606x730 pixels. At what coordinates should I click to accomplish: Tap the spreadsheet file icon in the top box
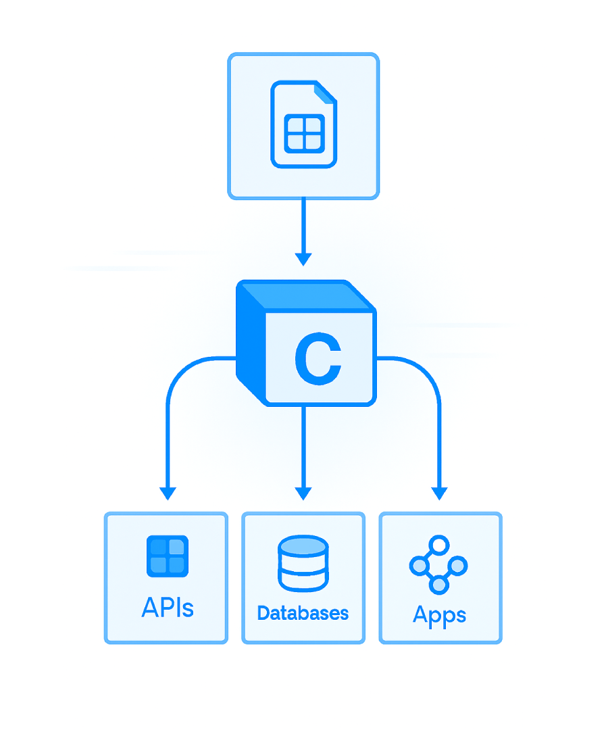303,124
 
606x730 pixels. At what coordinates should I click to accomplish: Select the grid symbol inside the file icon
303,132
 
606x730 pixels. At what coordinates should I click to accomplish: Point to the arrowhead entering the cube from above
303,258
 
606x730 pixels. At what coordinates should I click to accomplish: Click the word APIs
167,607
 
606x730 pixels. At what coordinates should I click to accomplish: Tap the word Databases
303,613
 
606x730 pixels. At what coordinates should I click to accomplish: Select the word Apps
439,615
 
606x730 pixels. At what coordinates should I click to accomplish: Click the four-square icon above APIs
167,556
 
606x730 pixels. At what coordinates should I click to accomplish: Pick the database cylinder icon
303,563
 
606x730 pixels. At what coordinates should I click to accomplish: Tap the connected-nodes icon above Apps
438,565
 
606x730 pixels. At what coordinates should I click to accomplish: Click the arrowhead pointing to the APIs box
167,493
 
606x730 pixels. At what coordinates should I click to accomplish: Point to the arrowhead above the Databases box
303,493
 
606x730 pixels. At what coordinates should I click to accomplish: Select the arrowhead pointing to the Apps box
440,493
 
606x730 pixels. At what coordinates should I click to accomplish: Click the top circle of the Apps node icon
439,544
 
